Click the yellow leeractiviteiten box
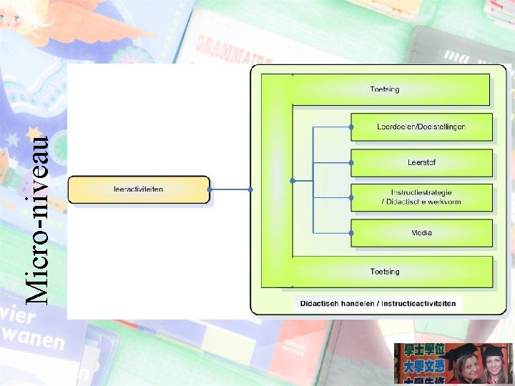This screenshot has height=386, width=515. tap(139, 189)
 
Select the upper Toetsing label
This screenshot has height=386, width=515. tap(385, 89)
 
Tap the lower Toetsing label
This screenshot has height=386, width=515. tap(385, 272)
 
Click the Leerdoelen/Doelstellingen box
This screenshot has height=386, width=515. tap(421, 127)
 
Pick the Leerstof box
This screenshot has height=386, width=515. tap(421, 162)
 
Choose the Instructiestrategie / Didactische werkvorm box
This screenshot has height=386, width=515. tap(421, 197)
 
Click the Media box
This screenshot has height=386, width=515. tap(421, 232)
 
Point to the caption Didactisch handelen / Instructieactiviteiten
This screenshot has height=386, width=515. tap(378, 303)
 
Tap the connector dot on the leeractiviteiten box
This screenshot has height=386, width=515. tap(210, 189)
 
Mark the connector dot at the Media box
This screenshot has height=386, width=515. tap(351, 232)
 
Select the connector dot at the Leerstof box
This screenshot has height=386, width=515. tap(351, 162)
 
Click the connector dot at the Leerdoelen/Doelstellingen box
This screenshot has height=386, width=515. tap(351, 127)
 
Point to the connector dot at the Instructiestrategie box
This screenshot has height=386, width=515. tap(351, 197)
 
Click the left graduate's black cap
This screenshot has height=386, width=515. tap(465, 351)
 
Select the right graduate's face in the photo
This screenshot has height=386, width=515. tap(493, 368)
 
